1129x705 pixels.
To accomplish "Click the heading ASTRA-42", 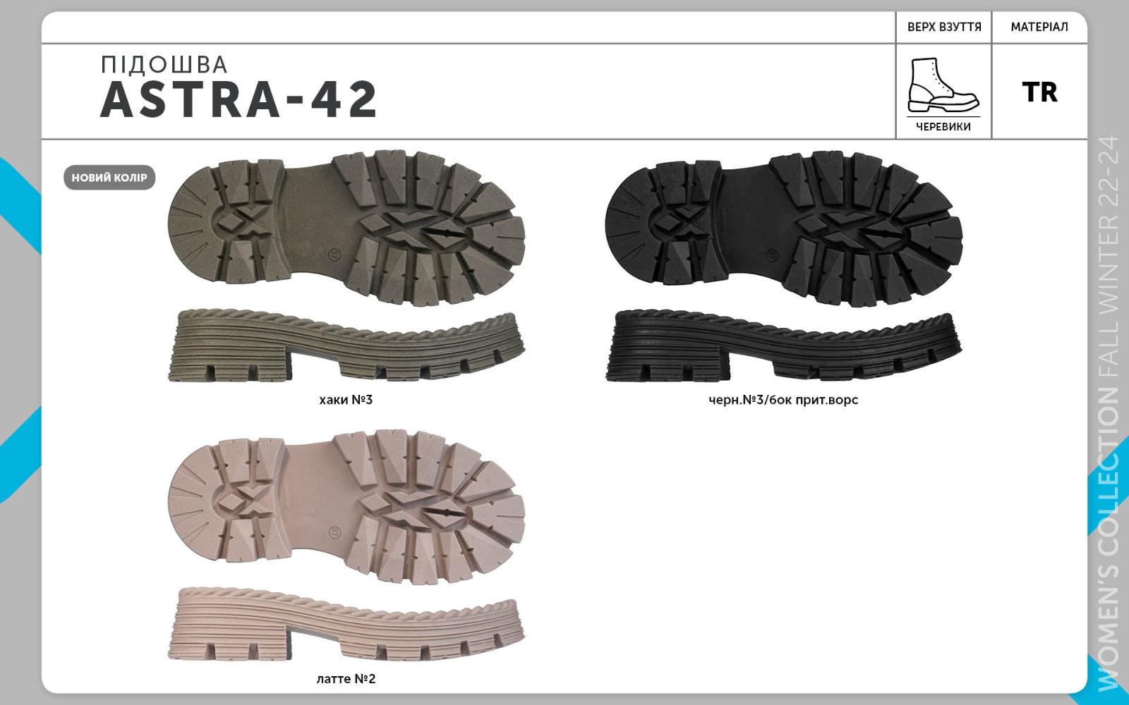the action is (x=239, y=99).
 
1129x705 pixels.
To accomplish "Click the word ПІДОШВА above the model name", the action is (x=164, y=65).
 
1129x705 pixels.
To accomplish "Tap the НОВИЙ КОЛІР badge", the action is (x=109, y=178).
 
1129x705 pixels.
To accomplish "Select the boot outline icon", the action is (x=943, y=85).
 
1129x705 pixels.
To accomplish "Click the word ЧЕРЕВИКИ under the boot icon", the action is (x=943, y=127).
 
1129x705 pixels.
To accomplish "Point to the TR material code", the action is (x=1040, y=92).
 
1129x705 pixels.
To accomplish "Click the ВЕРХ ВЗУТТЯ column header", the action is (x=945, y=27).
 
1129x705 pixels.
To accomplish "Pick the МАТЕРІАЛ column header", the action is (x=1039, y=27).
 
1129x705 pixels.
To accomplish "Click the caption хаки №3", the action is (x=346, y=400).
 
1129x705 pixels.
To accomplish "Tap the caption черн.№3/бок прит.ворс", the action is (x=783, y=400).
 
